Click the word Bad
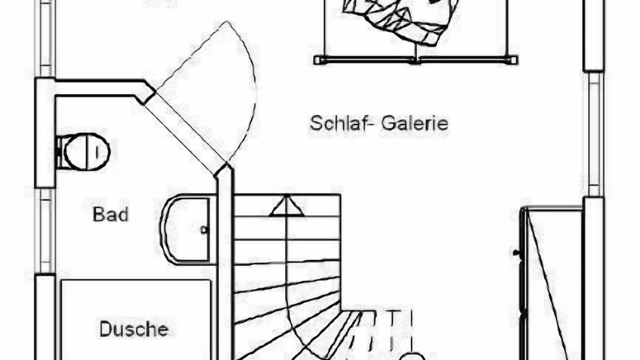tap(110, 214)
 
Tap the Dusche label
tap(134, 329)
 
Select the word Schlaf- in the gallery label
tap(342, 123)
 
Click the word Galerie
tap(414, 123)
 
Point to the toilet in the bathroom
tap(83, 152)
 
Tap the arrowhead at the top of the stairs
tap(286, 205)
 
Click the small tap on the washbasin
tap(204, 229)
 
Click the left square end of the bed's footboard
tap(317, 60)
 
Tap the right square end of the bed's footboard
tap(513, 60)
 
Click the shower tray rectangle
tap(135, 320)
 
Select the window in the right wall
tap(593, 134)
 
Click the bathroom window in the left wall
tap(45, 231)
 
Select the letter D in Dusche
tap(106, 329)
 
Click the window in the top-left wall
tap(44, 38)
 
